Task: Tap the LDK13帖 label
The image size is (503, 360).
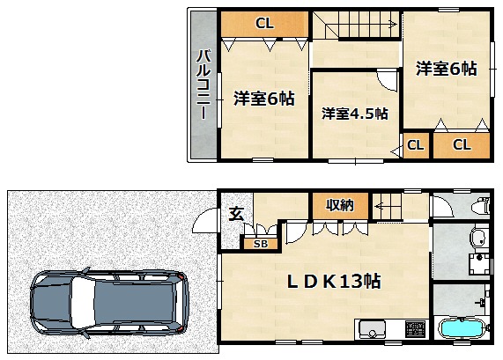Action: click(x=334, y=281)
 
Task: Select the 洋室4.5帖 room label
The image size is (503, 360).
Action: click(x=355, y=114)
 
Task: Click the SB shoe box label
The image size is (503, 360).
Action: click(x=261, y=244)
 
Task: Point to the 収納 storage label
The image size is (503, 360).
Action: click(x=340, y=205)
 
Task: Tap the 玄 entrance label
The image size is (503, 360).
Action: click(x=236, y=214)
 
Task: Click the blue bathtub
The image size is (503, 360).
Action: click(x=462, y=329)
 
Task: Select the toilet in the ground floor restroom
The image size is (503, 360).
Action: click(x=481, y=206)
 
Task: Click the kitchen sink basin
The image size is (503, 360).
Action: click(x=372, y=328)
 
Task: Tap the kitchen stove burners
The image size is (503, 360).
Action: click(x=415, y=328)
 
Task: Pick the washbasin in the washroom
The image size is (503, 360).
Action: click(x=479, y=238)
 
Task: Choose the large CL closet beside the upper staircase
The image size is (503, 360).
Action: click(x=264, y=24)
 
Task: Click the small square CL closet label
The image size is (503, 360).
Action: click(x=416, y=145)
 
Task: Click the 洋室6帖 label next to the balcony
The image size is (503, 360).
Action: click(x=264, y=99)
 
